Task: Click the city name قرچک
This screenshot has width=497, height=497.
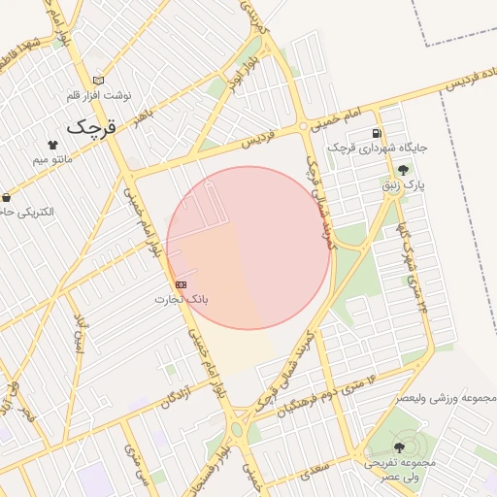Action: pyautogui.click(x=89, y=127)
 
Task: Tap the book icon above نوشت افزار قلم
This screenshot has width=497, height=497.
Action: pyautogui.click(x=97, y=81)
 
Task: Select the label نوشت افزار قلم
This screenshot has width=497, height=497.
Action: pyautogui.click(x=98, y=95)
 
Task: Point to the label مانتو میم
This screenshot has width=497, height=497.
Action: pyautogui.click(x=52, y=158)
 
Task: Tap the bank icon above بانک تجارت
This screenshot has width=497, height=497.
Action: pyautogui.click(x=181, y=284)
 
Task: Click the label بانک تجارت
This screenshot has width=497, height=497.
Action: pyautogui.click(x=182, y=299)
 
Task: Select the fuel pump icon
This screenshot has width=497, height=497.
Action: pyautogui.click(x=377, y=133)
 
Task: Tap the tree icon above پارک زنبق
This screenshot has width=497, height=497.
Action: pyautogui.click(x=403, y=169)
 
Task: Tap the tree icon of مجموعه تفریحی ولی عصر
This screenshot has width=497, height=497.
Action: pyautogui.click(x=399, y=447)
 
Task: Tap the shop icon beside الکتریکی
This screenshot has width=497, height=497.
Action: pyautogui.click(x=6, y=197)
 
